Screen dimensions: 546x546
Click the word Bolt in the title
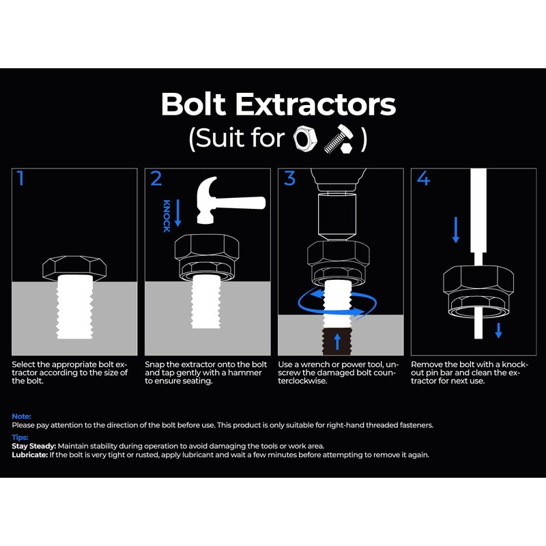(x=193, y=105)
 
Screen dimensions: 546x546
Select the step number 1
(x=20, y=179)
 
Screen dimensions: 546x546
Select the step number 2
(x=156, y=179)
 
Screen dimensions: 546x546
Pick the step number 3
(x=290, y=179)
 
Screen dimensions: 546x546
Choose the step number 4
(x=424, y=179)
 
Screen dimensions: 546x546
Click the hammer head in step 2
(x=212, y=198)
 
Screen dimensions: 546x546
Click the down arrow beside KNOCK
(x=178, y=213)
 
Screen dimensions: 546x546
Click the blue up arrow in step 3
(x=335, y=341)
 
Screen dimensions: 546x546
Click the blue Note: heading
(x=21, y=416)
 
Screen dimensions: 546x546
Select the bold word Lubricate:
(x=27, y=455)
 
